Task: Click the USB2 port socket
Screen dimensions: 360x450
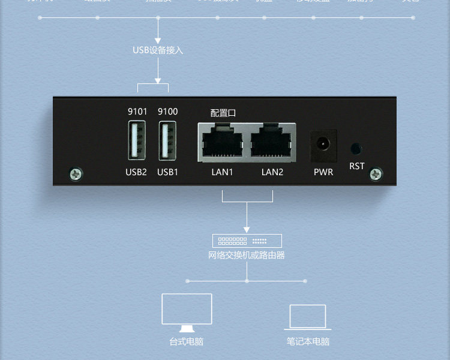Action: pyautogui.click(x=137, y=140)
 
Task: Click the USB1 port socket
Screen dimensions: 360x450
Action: pyautogui.click(x=167, y=140)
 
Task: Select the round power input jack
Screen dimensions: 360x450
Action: pyautogui.click(x=323, y=145)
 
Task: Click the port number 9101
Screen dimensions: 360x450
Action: pyautogui.click(x=137, y=112)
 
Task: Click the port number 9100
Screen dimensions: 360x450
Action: pyautogui.click(x=167, y=112)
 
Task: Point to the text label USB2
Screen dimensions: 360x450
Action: pyautogui.click(x=136, y=172)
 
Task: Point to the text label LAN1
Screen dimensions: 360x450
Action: pyautogui.click(x=222, y=172)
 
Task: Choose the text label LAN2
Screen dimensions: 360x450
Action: pyautogui.click(x=272, y=172)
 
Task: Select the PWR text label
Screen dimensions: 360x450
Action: pyautogui.click(x=323, y=172)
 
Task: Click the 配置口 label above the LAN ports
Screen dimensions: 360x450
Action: pyautogui.click(x=223, y=113)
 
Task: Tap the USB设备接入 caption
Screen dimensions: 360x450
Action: pyautogui.click(x=158, y=50)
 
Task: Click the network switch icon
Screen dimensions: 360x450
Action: pyautogui.click(x=247, y=241)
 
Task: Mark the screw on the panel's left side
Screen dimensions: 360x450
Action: pyautogui.click(x=76, y=174)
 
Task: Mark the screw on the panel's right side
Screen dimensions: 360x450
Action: pyautogui.click(x=376, y=174)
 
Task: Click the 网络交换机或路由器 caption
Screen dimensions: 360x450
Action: pyautogui.click(x=247, y=256)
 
